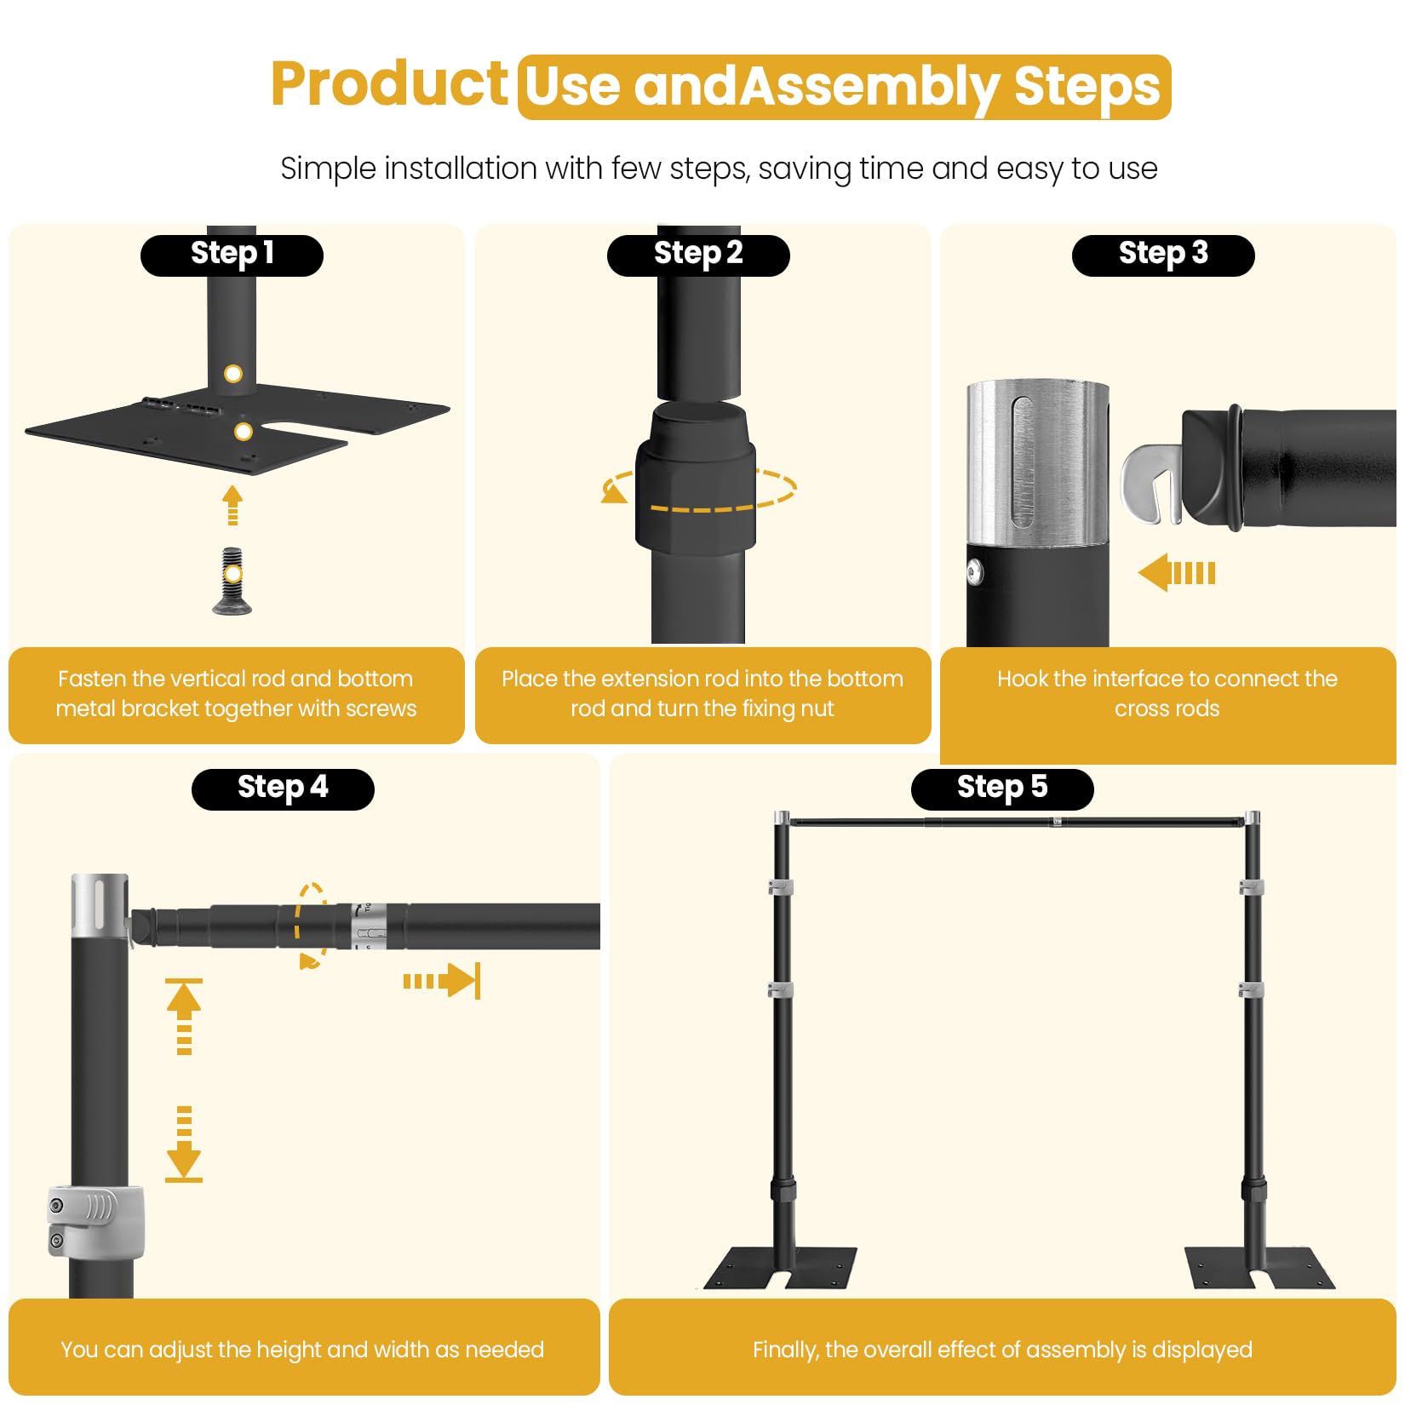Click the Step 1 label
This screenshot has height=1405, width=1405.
click(232, 255)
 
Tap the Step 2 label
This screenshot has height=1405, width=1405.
click(698, 255)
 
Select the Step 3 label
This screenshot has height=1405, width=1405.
click(1163, 255)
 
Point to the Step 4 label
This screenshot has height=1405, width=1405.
click(283, 789)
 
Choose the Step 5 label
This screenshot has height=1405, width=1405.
click(1002, 789)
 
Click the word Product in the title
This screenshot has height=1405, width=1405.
click(389, 84)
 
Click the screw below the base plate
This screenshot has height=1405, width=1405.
click(232, 580)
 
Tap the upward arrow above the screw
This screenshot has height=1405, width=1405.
click(232, 505)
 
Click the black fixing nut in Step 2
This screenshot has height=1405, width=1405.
click(696, 478)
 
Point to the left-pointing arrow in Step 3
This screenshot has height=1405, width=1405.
click(1177, 572)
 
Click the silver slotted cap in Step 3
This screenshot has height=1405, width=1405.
click(1037, 462)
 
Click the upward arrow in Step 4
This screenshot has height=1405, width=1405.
click(184, 1017)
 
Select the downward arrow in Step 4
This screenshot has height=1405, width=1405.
click(184, 1144)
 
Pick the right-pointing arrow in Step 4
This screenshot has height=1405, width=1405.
click(442, 981)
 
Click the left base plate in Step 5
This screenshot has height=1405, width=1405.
click(779, 1269)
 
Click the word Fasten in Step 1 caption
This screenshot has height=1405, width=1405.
click(92, 679)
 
